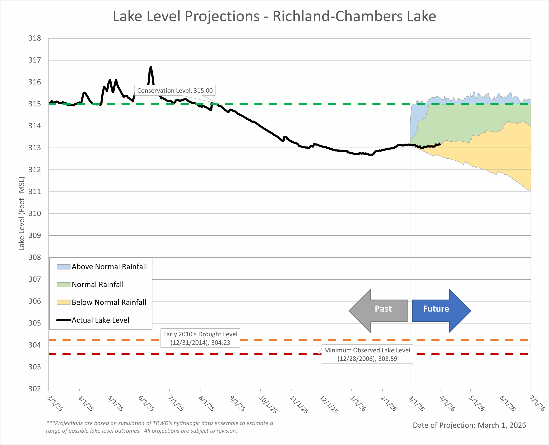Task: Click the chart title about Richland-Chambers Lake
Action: [274, 16]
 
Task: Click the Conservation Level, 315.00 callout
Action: [175, 90]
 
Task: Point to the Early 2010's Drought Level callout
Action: [200, 338]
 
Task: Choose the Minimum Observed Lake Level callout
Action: [367, 354]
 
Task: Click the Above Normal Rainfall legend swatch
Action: [63, 267]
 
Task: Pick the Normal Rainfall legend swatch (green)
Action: [63, 285]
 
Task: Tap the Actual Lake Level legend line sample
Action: [63, 320]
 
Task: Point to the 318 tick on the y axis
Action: [35, 38]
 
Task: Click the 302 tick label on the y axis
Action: [35, 389]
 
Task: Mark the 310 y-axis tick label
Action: [35, 214]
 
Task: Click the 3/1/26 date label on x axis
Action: [416, 403]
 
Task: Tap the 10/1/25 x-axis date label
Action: [268, 405]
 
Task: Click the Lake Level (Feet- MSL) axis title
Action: [22, 214]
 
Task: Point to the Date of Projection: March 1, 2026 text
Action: [469, 425]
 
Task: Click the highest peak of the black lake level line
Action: [151, 67]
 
